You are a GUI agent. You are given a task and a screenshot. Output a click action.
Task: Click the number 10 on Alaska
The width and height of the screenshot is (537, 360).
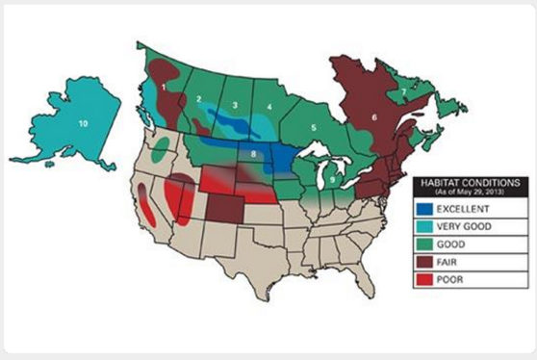pos(83,123)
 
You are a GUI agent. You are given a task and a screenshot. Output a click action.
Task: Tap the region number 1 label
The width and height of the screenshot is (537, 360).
pos(165,87)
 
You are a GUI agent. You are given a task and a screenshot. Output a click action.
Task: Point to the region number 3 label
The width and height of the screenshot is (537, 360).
pos(234,104)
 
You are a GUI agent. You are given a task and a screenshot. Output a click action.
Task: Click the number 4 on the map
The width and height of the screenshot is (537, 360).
pos(269,107)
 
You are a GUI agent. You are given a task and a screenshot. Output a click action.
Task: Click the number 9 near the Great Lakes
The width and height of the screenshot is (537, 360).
pos(332,179)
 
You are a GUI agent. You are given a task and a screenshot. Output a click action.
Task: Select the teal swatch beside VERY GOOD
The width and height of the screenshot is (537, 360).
pos(431,226)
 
